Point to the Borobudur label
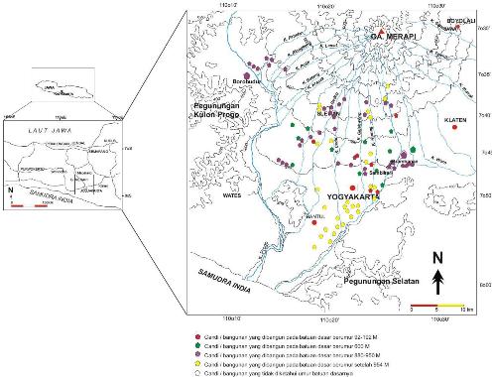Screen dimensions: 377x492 pos(245,81)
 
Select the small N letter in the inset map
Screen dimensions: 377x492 pos(10,185)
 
